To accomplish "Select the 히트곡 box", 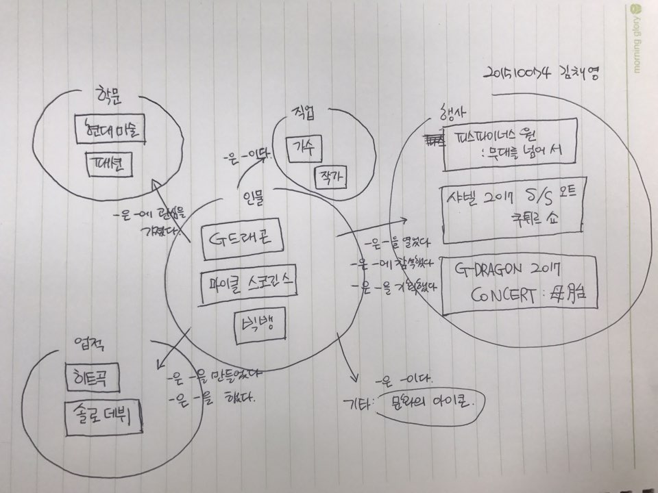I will click(x=91, y=376).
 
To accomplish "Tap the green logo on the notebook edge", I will click(x=635, y=10).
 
